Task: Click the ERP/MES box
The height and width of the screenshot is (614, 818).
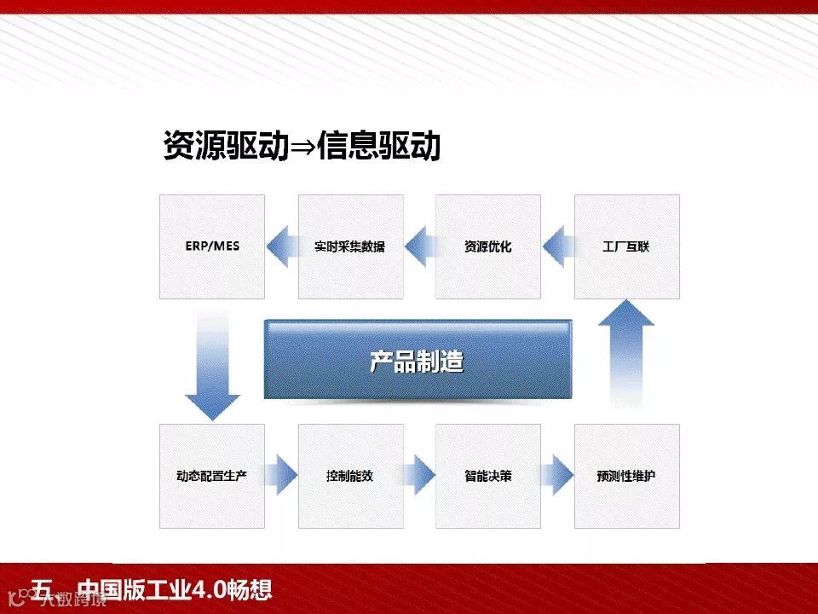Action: [212, 246]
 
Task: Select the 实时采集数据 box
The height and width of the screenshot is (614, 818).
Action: [349, 246]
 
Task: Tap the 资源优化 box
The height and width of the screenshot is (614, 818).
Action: [488, 246]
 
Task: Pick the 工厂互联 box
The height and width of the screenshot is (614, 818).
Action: [626, 246]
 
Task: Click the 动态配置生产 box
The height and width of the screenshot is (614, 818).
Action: [212, 476]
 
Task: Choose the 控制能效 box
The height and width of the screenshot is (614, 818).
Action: [349, 476]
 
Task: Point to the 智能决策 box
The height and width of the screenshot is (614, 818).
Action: [488, 476]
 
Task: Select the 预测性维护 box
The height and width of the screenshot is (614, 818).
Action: [626, 476]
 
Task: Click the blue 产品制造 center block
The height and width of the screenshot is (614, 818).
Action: [418, 360]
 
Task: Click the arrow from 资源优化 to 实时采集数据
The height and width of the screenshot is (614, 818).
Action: [419, 246]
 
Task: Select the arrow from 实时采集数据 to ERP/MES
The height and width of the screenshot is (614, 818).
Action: [281, 246]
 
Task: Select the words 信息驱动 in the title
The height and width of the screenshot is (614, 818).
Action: [378, 146]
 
